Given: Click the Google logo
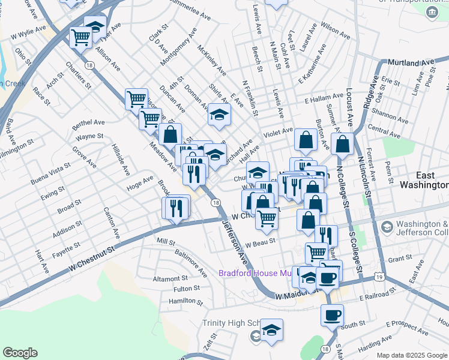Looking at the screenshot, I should [x=20, y=353].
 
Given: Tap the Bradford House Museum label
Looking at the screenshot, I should [x=255, y=273].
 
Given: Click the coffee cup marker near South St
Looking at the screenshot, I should [x=332, y=314].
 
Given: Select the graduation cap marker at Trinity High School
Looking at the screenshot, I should [x=271, y=329].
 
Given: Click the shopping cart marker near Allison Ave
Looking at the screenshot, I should [x=80, y=38].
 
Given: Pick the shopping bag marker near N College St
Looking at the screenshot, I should [x=342, y=145].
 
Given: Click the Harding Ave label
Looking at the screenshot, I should [x=376, y=343].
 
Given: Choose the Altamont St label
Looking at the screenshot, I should [x=170, y=279].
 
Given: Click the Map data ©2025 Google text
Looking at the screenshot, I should [x=412, y=355].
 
